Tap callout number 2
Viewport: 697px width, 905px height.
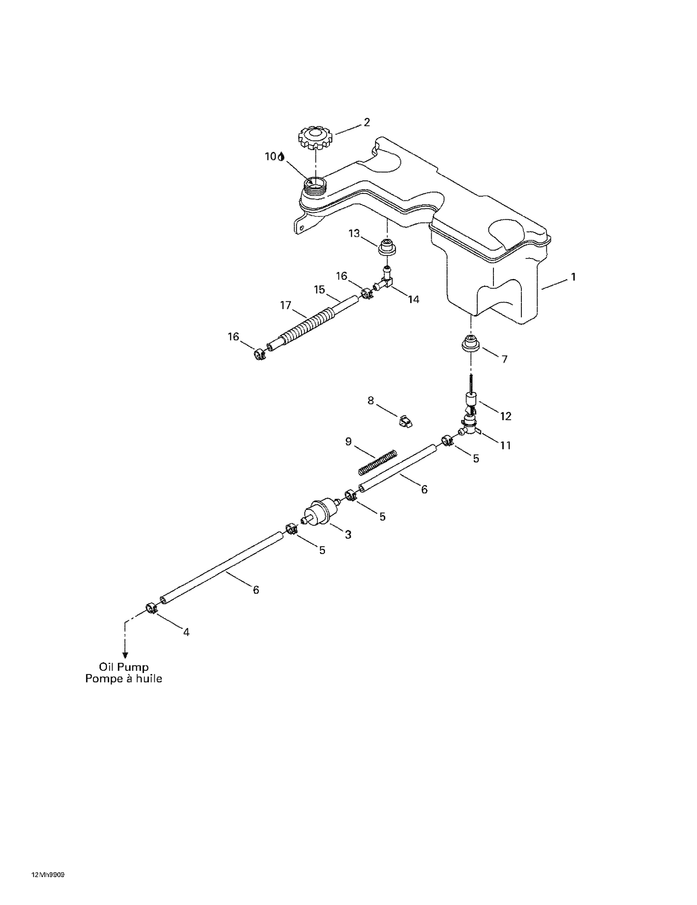(x=367, y=122)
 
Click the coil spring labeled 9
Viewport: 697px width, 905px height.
(x=378, y=462)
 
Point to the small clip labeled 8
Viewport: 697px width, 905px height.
(x=405, y=421)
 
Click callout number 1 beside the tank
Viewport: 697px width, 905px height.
(x=573, y=277)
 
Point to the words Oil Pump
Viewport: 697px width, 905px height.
(x=124, y=667)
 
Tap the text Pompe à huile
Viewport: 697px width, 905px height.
(x=124, y=679)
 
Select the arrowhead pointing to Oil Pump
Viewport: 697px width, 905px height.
(x=125, y=654)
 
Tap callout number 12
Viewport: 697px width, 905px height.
(x=506, y=416)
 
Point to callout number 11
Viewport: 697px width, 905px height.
(x=506, y=445)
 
